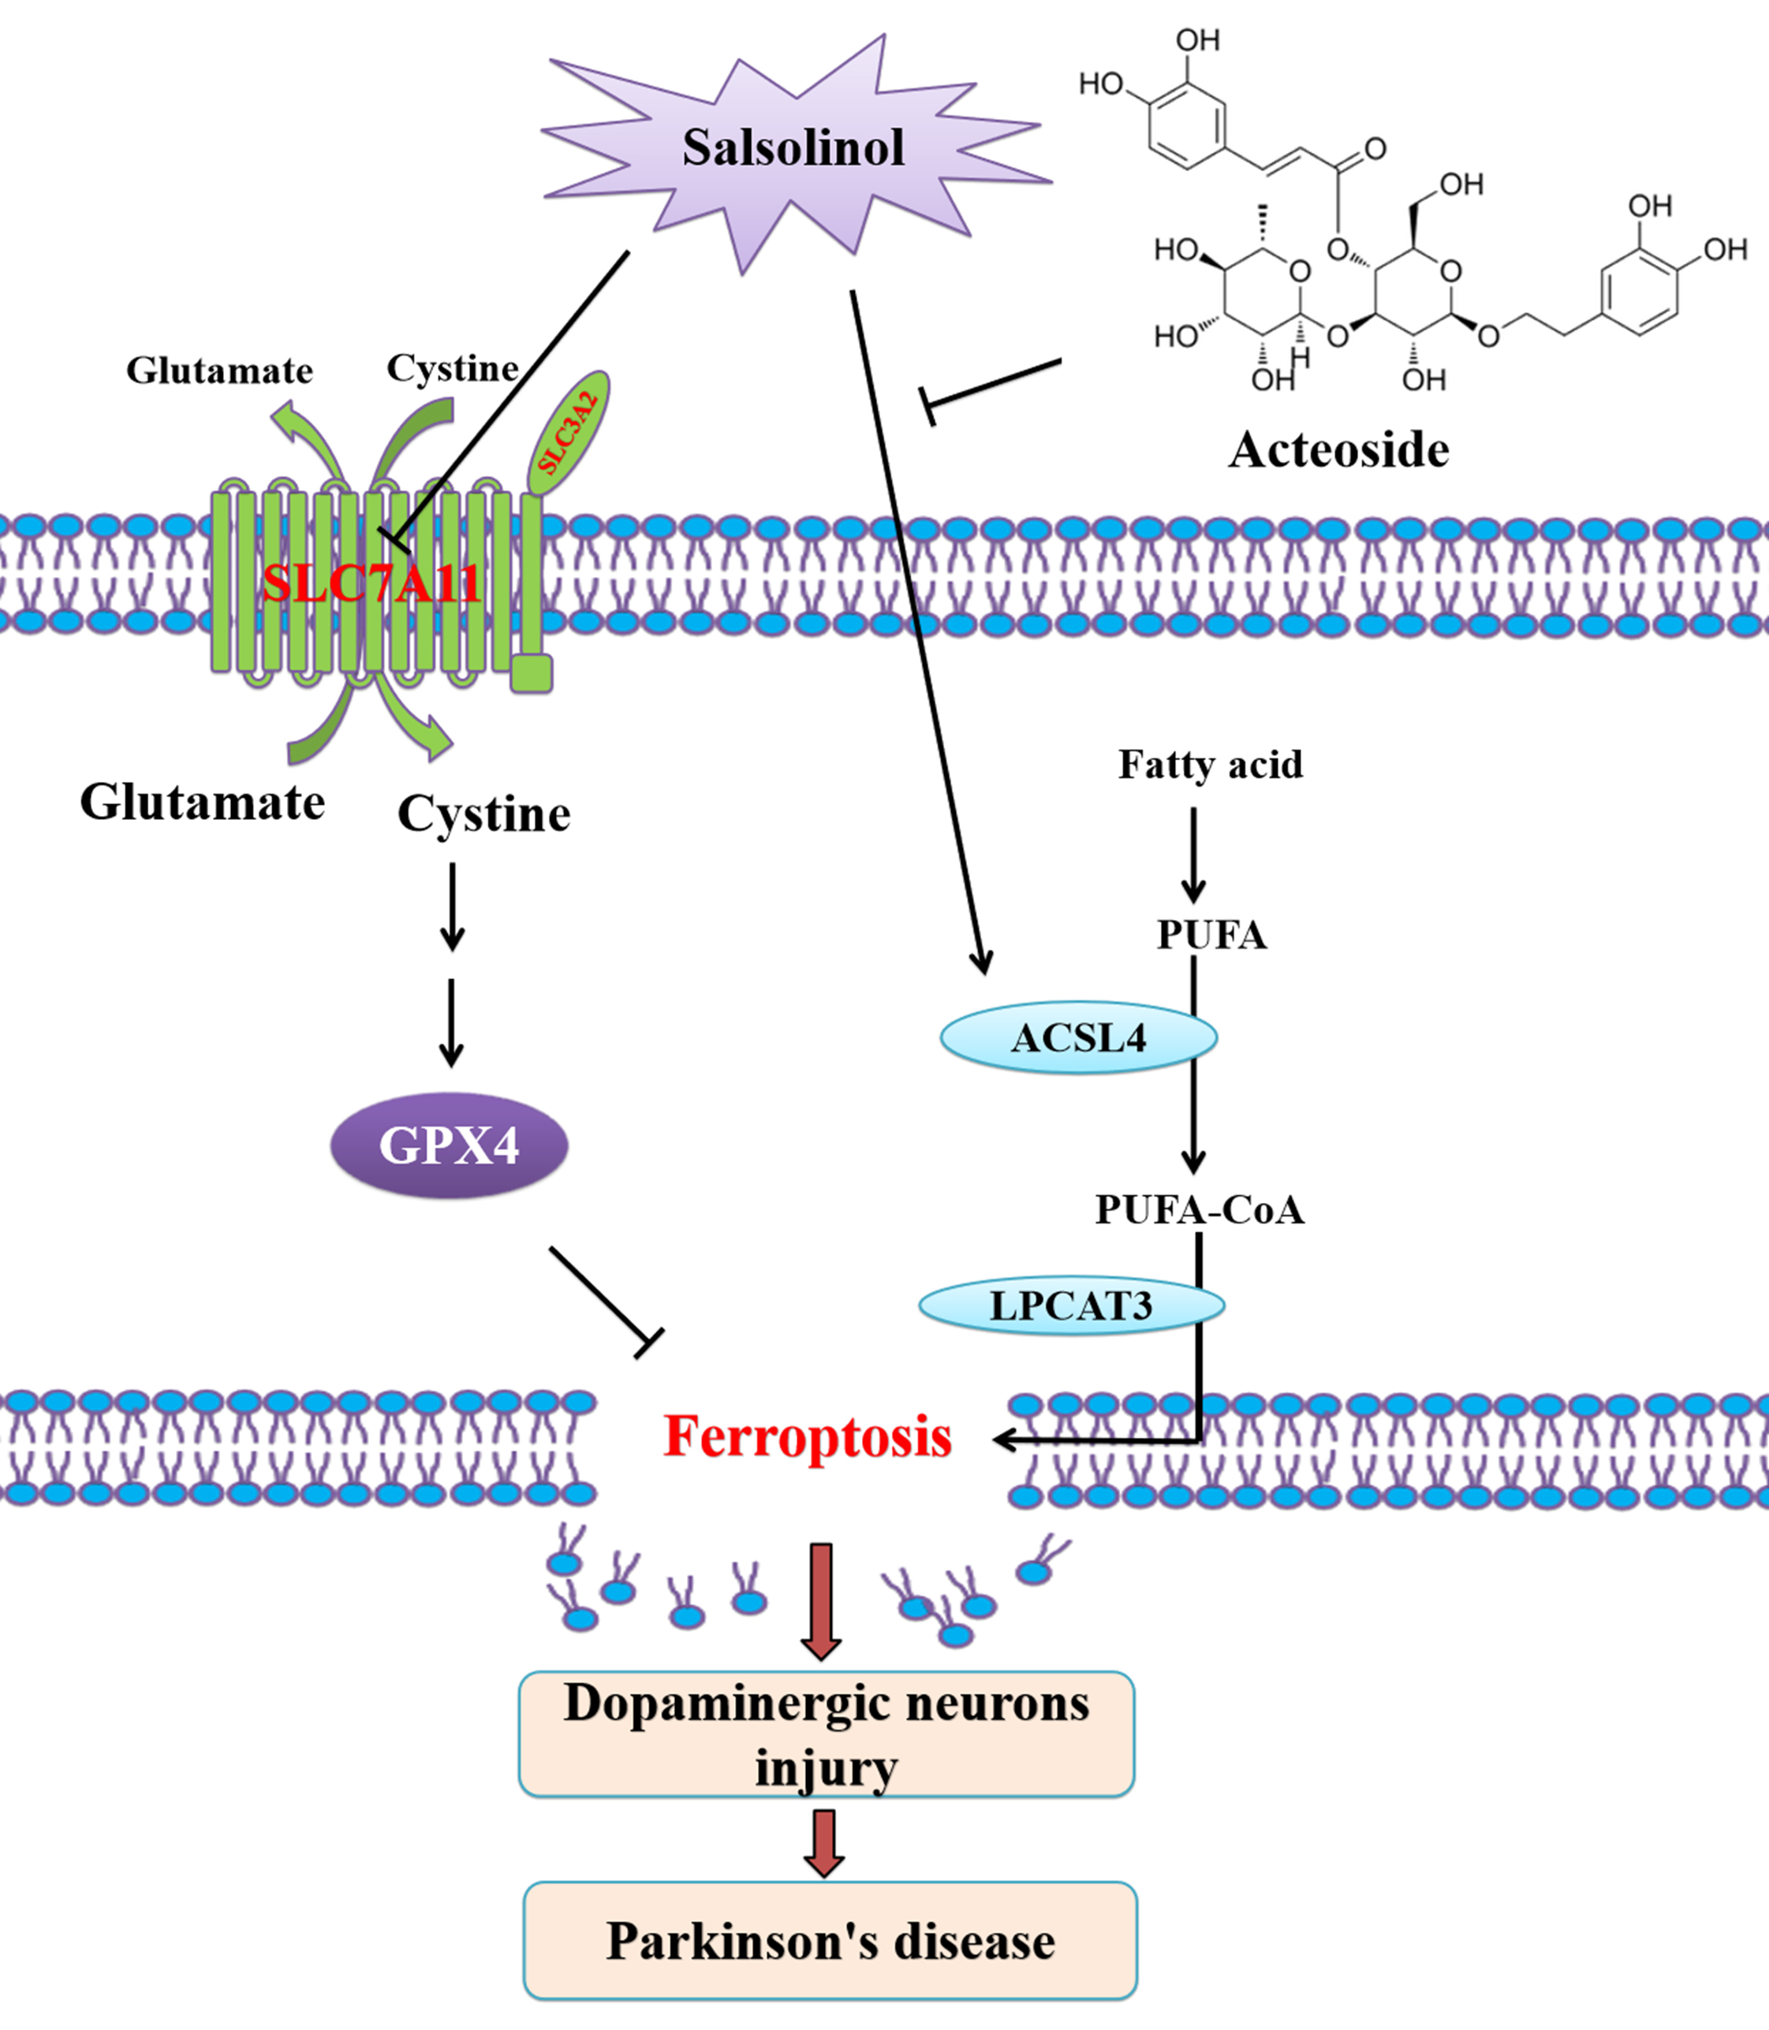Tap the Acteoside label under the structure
click(x=1338, y=450)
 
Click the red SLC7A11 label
click(x=371, y=583)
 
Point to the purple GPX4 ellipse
click(x=450, y=1145)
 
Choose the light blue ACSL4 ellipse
click(x=1078, y=1037)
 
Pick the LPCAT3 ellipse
click(x=1071, y=1306)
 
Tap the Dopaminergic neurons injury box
click(x=827, y=1733)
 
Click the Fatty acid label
click(x=1211, y=765)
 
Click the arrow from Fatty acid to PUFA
click(x=1193, y=855)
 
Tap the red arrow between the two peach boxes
click(x=823, y=1842)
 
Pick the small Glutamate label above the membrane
click(x=219, y=371)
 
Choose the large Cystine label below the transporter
click(x=483, y=814)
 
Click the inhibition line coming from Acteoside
click(x=992, y=386)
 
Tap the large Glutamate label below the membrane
click(x=203, y=803)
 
